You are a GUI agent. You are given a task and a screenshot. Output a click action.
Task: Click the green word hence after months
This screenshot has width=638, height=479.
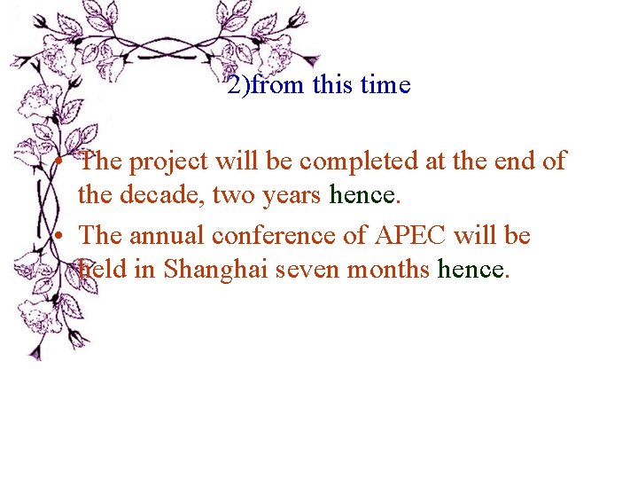tap(471, 269)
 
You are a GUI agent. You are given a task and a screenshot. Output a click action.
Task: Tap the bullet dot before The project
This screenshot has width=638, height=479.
tap(56, 163)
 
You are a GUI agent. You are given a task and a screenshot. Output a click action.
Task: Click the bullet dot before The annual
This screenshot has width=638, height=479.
tap(56, 238)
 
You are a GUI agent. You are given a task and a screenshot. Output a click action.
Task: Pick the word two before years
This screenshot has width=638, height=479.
tap(233, 195)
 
